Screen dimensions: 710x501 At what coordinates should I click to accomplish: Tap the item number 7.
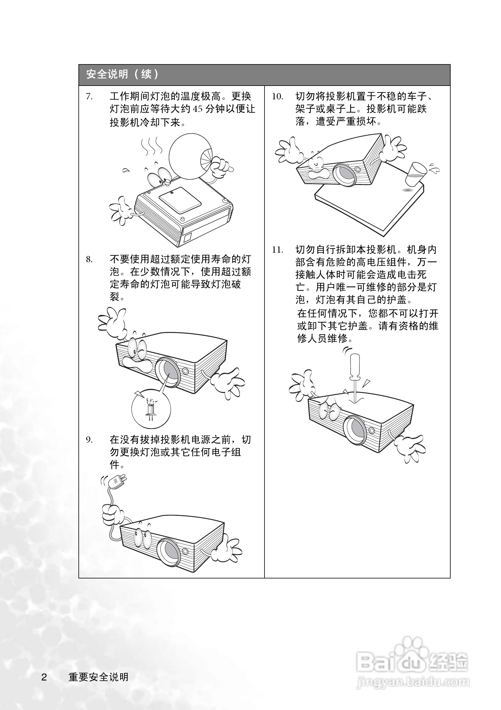[x=89, y=97]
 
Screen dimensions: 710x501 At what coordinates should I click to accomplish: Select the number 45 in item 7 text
[x=198, y=109]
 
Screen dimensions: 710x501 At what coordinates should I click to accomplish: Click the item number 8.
[x=89, y=260]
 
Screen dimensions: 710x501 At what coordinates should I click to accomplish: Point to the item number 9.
[x=89, y=440]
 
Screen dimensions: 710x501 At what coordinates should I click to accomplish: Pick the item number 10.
[x=277, y=97]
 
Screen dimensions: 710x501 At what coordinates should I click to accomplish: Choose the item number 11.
[x=277, y=250]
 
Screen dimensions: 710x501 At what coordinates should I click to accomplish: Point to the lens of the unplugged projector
[x=170, y=551]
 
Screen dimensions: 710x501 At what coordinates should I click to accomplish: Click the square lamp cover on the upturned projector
[x=180, y=200]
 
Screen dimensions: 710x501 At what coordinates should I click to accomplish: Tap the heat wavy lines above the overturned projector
[x=151, y=146]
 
